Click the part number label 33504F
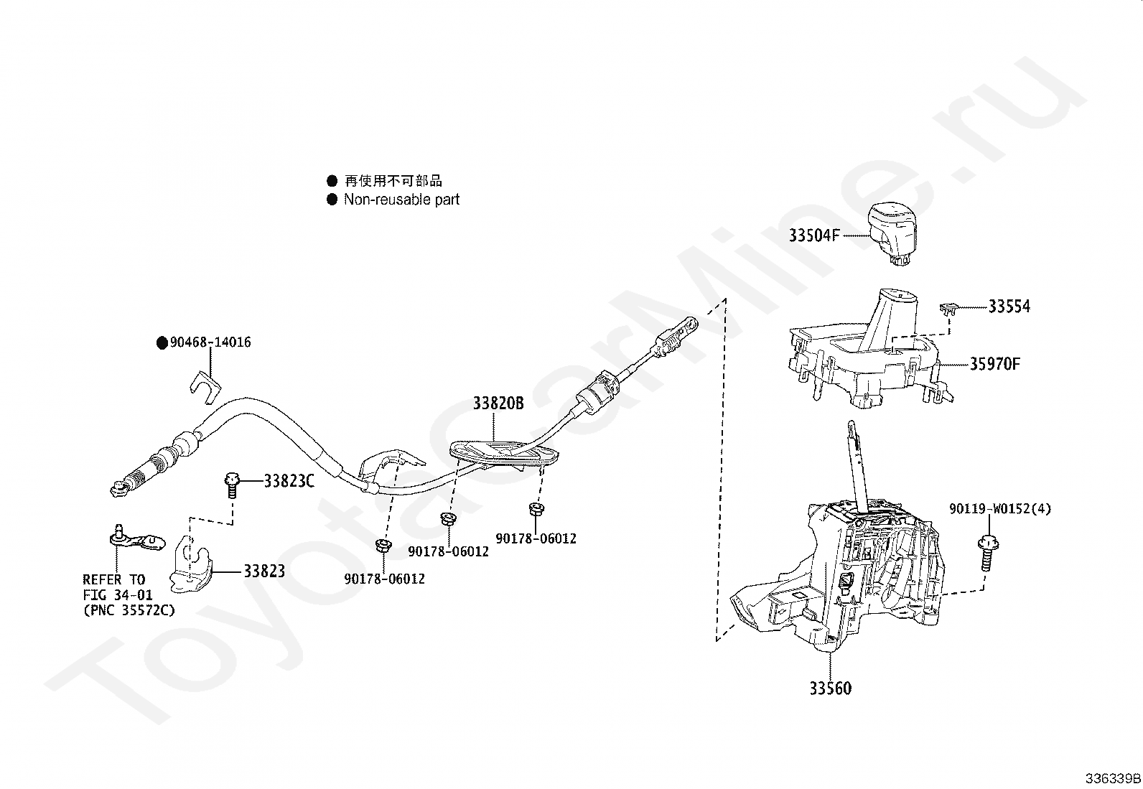point(814,235)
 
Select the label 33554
point(1009,307)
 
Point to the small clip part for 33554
point(948,307)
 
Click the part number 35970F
point(995,364)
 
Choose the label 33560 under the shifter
point(830,688)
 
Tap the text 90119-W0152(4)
point(1000,509)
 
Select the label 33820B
point(498,403)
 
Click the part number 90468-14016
point(210,342)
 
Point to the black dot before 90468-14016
point(162,343)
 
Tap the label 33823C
point(289,481)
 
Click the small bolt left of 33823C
point(232,485)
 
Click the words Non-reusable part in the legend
point(401,200)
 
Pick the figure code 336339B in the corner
point(1113,778)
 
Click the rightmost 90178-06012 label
point(536,538)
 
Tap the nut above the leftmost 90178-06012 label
point(382,545)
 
